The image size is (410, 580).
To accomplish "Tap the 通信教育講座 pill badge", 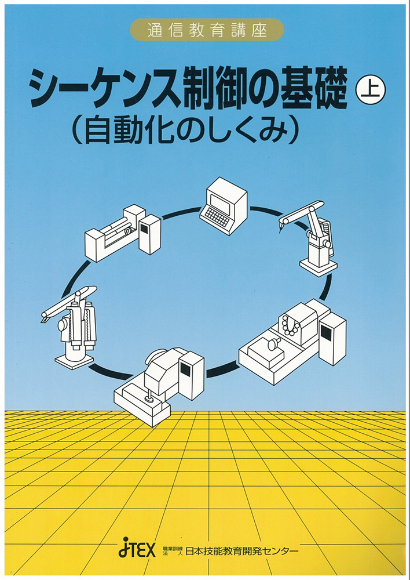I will (207, 30).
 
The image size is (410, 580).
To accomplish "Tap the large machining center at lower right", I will (292, 342).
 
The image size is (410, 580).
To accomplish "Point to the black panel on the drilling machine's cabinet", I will (185, 368).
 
